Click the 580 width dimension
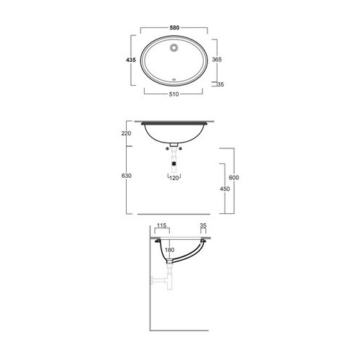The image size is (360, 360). click(174, 28)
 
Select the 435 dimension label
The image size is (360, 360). click(131, 60)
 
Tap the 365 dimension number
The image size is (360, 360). click(217, 59)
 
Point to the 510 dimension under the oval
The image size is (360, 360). click(174, 94)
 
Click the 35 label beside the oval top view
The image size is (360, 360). click(220, 84)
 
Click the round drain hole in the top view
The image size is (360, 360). click(174, 48)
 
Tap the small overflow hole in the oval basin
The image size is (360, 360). click(174, 78)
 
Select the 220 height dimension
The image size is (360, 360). click(126, 133)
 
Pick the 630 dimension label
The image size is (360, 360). click(126, 176)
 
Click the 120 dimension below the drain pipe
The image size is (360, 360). click(174, 178)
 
